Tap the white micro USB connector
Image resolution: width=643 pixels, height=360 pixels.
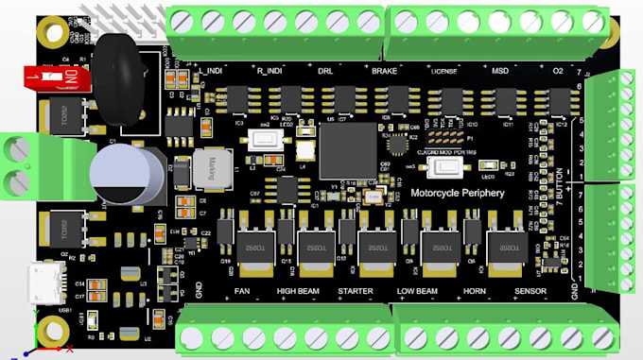point(44,282)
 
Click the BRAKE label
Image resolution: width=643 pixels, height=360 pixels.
point(384,72)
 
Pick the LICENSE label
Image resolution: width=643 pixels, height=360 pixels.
point(443,72)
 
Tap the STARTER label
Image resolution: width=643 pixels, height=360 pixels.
point(356,292)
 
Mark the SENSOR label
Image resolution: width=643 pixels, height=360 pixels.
point(530,292)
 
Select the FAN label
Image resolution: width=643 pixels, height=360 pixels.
point(243,292)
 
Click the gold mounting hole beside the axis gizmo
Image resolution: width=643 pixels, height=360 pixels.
point(53,331)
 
